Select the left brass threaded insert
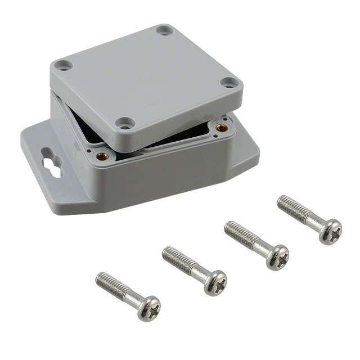(x=102, y=156)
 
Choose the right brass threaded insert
(x=222, y=128)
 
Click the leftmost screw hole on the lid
(x=65, y=65)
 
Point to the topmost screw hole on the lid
(x=164, y=30)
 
